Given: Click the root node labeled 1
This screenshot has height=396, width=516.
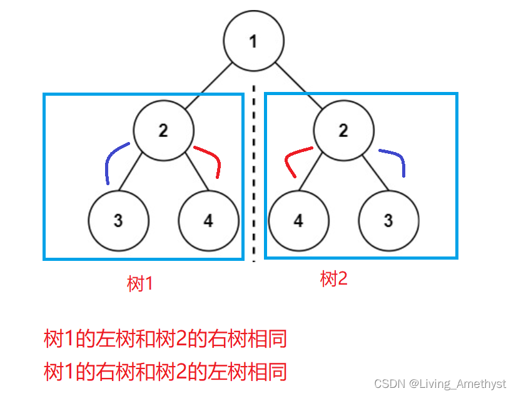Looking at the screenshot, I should pos(253,41).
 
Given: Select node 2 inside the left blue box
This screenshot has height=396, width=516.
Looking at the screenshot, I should pos(163,131).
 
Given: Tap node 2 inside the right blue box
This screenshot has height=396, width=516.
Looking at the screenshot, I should pos(343,131).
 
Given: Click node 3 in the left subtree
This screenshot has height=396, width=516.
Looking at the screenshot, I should pos(118,220).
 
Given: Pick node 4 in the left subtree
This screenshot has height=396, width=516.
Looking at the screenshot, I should pos(208,220).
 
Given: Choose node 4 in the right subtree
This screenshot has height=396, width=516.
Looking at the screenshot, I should pos(298,220).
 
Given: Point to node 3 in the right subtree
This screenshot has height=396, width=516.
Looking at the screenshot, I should pos(388,220).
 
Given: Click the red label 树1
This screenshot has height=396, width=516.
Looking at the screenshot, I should pos(140,284).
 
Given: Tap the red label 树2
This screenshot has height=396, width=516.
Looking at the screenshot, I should pos(333,279).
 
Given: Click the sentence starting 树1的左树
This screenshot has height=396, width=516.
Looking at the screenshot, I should pos(165,340).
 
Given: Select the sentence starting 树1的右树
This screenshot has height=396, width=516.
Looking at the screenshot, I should pos(165,372).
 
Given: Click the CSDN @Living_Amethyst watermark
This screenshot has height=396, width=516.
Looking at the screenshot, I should pos(440,383).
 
